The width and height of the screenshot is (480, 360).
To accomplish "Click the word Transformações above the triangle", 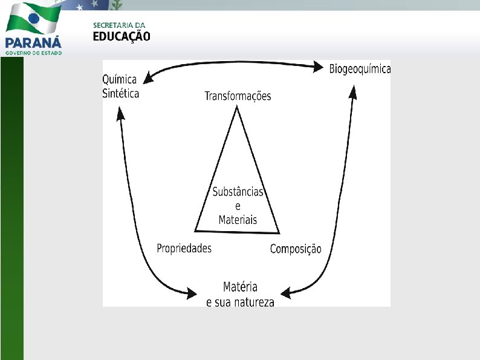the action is tap(238, 96).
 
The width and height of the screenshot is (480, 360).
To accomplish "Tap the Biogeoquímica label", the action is tap(360, 69).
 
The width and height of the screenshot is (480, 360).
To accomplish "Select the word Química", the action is tap(120, 80).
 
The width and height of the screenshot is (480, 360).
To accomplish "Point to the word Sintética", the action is tap(121, 93).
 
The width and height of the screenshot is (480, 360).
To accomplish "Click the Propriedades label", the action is tap(184, 249).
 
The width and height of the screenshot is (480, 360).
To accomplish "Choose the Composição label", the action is tap(296, 249).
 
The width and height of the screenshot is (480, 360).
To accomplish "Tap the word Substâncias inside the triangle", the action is tap(238, 192).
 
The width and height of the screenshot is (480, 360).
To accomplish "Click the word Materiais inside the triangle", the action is tap(238, 220).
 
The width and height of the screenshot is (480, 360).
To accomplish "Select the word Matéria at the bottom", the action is tap(240, 287).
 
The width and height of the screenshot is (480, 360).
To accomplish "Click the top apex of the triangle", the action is tap(236, 108).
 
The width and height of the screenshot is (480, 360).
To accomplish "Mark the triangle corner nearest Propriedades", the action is tap(196, 230).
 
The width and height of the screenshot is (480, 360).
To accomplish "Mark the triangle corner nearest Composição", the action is tap(279, 232).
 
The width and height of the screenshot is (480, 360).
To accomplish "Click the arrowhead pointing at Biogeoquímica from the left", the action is tap(319, 68).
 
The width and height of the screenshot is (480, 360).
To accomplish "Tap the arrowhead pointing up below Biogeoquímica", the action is tap(354, 91).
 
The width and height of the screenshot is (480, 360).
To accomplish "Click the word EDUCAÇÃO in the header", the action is tap(122, 36).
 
